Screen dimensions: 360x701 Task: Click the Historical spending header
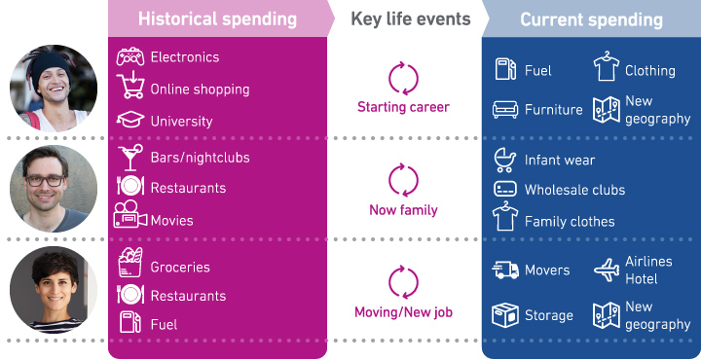click(217, 19)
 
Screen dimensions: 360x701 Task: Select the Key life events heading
click(402, 19)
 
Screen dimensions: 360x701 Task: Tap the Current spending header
click(591, 19)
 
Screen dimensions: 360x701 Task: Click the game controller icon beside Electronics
click(129, 57)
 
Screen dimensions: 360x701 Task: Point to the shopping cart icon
click(129, 89)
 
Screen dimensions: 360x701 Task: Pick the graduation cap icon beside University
click(129, 121)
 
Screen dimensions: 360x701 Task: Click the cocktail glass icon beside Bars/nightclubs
click(129, 158)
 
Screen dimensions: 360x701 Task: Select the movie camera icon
click(129, 217)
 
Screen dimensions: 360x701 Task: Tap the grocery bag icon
click(129, 265)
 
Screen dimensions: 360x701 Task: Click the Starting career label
click(403, 107)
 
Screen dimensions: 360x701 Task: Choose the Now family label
click(403, 210)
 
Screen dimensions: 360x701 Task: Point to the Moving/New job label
click(403, 312)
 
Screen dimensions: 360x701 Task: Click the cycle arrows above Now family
click(403, 180)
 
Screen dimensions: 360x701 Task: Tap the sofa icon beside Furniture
click(506, 110)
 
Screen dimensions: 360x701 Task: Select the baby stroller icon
click(505, 160)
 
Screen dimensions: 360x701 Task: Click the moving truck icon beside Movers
click(505, 270)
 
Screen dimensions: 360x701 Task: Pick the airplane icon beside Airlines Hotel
click(606, 270)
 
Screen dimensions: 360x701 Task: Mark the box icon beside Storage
click(505, 315)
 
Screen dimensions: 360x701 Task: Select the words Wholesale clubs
click(574, 190)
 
